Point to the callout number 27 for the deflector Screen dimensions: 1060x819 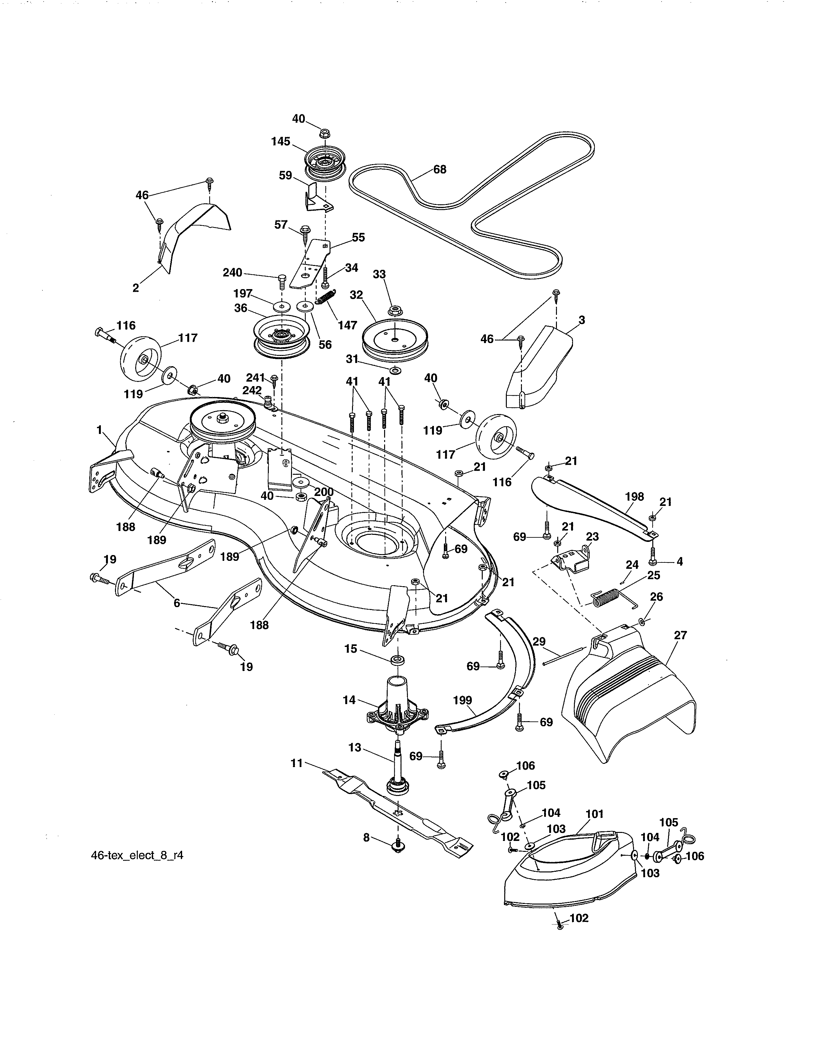pos(680,635)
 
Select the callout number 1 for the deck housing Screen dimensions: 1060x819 pos(100,429)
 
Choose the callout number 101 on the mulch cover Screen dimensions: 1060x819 pos(594,814)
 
